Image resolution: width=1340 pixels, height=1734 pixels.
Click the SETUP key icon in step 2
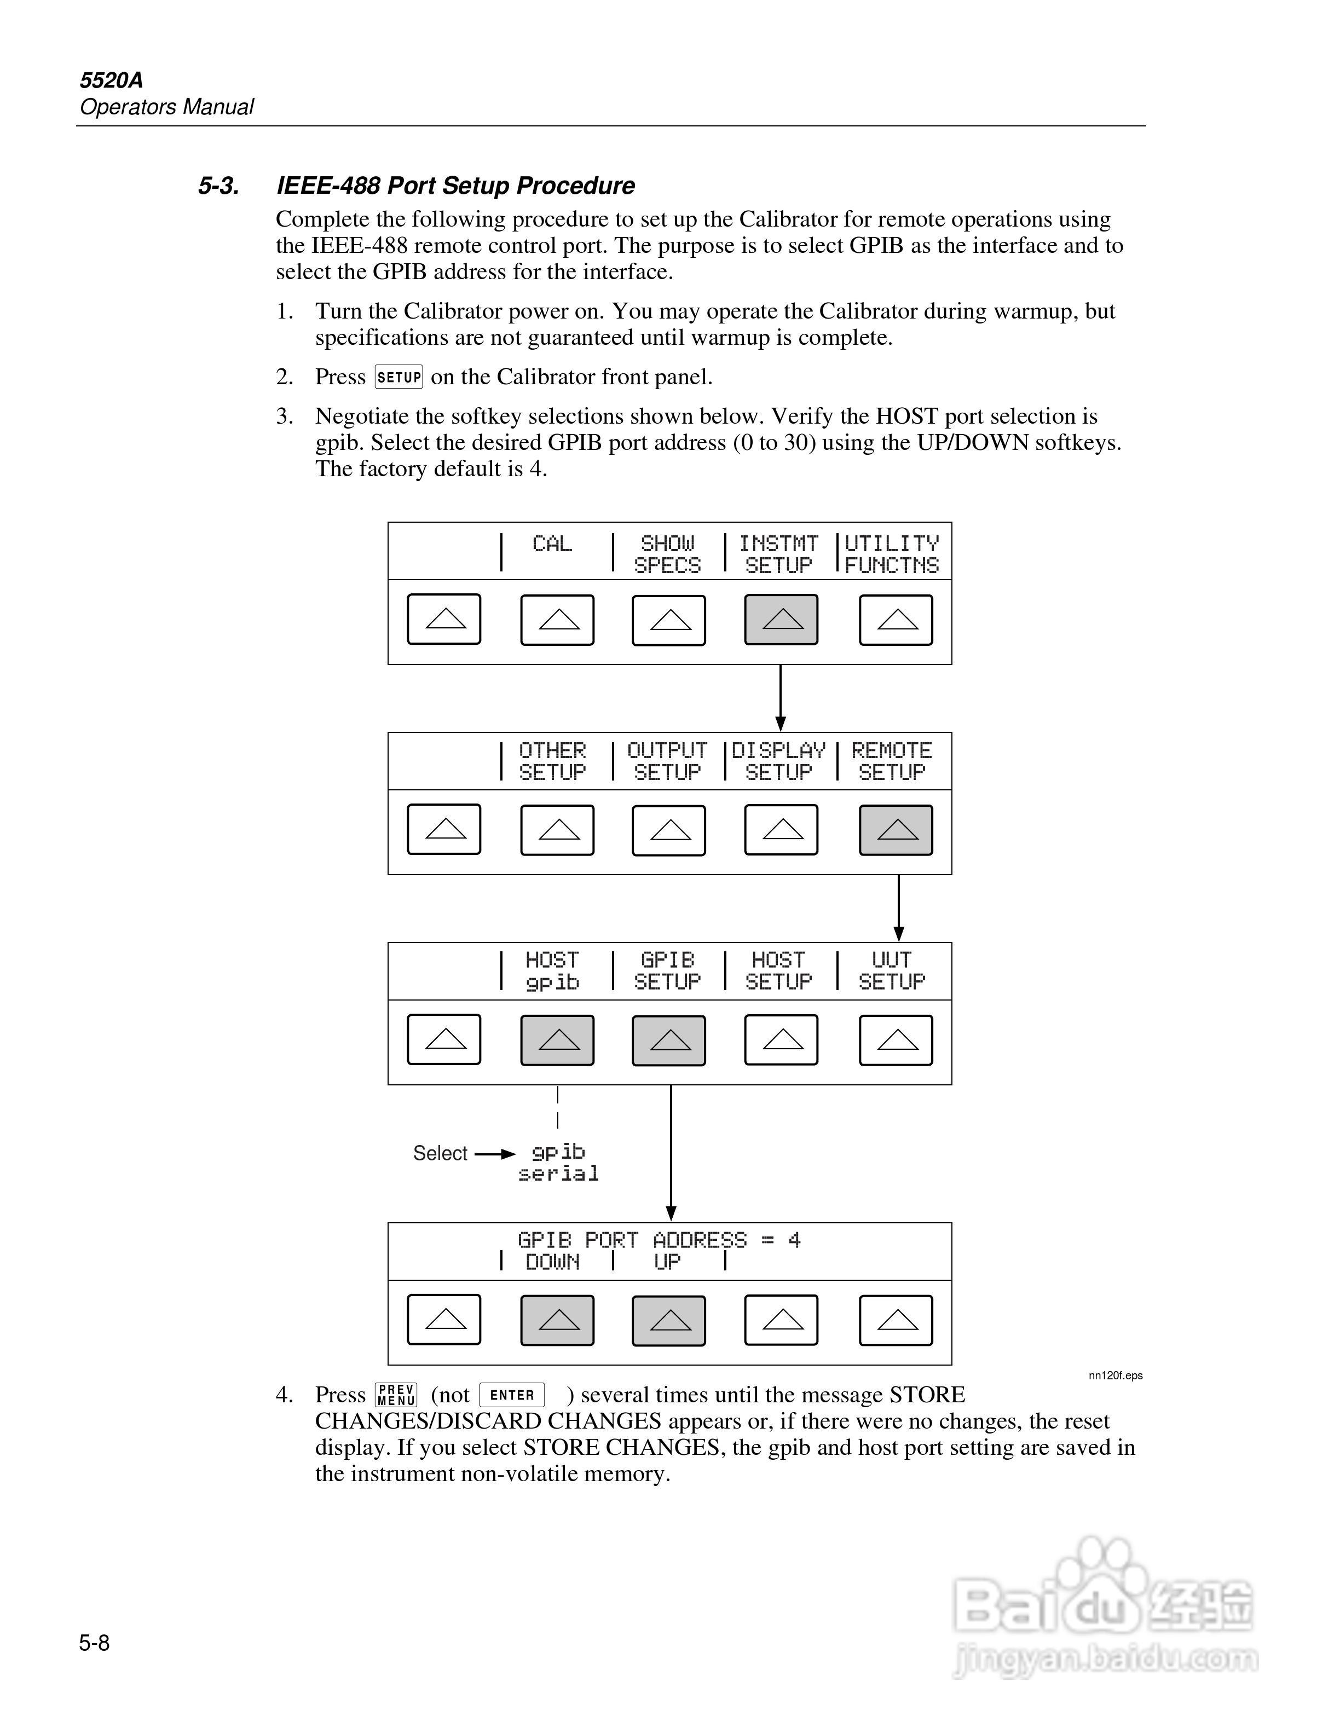click(x=398, y=377)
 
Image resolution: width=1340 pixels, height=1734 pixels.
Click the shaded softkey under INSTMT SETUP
click(x=781, y=619)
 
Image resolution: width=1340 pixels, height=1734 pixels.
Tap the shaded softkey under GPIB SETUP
click(x=668, y=1040)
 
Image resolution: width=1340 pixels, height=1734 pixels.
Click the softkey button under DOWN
click(x=557, y=1320)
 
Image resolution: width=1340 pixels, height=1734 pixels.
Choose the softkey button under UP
click(x=668, y=1320)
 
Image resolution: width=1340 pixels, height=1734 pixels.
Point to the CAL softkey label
click(x=552, y=545)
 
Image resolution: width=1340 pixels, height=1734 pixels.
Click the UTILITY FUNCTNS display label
click(x=892, y=554)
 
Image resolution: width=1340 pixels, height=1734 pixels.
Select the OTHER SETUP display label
click(x=552, y=761)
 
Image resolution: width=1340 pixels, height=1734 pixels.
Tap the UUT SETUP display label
click(x=892, y=971)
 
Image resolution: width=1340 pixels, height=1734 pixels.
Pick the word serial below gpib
click(x=558, y=1174)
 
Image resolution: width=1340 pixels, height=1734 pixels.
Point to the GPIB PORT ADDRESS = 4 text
click(x=659, y=1240)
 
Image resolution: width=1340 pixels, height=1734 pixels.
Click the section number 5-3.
click(x=218, y=186)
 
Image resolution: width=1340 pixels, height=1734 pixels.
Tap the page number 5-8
click(x=95, y=1643)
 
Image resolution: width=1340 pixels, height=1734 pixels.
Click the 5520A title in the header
click(x=111, y=80)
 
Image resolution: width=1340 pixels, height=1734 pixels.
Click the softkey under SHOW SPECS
click(x=668, y=619)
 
